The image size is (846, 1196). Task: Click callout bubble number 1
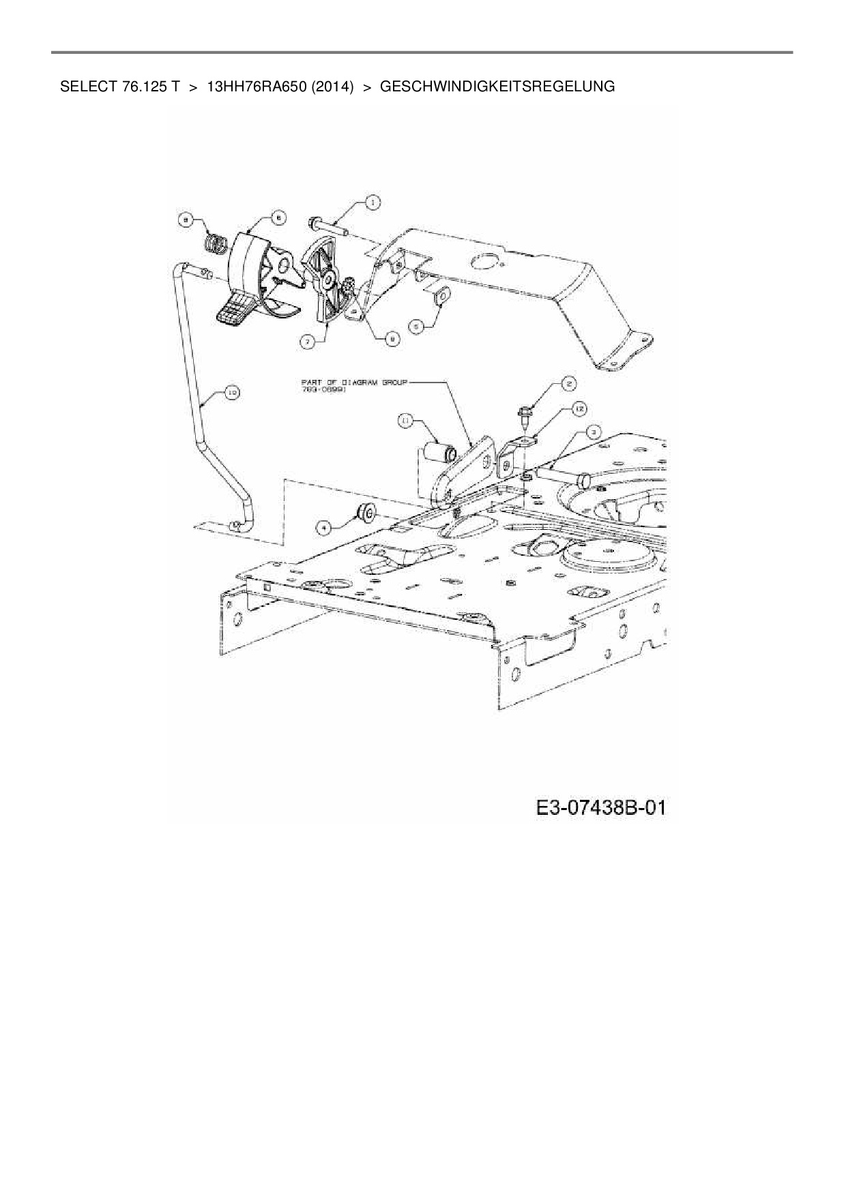[373, 202]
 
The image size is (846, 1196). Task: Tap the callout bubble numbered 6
[278, 218]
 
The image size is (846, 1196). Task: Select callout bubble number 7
[309, 343]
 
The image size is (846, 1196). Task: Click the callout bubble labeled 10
[231, 392]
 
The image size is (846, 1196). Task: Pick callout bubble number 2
[568, 384]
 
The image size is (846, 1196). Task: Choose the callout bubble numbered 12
[579, 408]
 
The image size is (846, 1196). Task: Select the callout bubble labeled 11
[406, 423]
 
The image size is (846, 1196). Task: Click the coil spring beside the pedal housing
[216, 243]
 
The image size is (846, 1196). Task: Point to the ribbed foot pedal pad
[234, 310]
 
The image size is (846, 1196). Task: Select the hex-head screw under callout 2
[525, 413]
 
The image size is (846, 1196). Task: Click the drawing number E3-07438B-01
[600, 808]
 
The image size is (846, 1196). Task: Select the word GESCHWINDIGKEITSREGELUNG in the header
[497, 87]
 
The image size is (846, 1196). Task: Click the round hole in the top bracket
[485, 260]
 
